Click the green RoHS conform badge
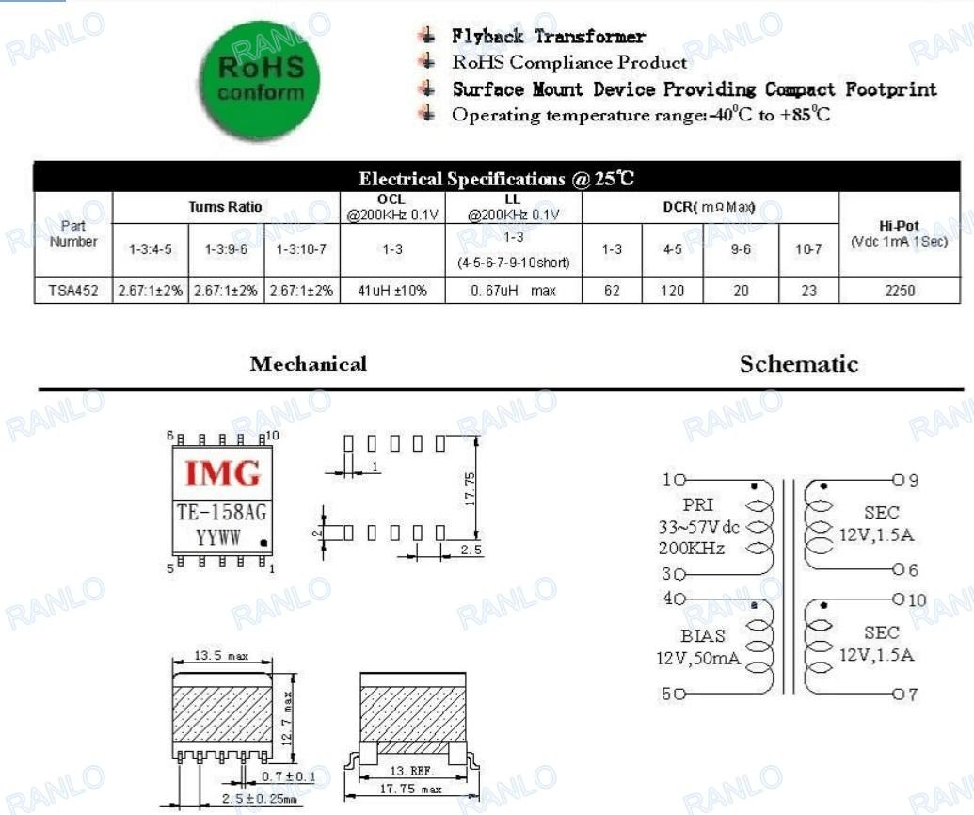click(x=261, y=81)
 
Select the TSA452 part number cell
click(x=73, y=290)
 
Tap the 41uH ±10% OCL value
click(x=392, y=290)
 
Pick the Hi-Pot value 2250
click(x=900, y=290)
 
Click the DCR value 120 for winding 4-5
click(x=672, y=290)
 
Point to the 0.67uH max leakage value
click(x=513, y=290)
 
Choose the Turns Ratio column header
click(x=226, y=207)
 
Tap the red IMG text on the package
click(x=222, y=473)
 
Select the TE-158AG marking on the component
click(x=222, y=512)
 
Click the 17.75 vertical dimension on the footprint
click(x=471, y=488)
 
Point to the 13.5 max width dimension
click(x=221, y=655)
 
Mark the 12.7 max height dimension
click(x=286, y=718)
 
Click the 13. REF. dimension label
click(x=410, y=771)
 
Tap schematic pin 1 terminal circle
click(x=679, y=480)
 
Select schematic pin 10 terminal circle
click(x=899, y=599)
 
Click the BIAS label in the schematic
click(x=703, y=635)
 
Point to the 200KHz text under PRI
click(x=692, y=548)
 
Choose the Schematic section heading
click(x=799, y=364)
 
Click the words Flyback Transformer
click(x=549, y=36)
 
